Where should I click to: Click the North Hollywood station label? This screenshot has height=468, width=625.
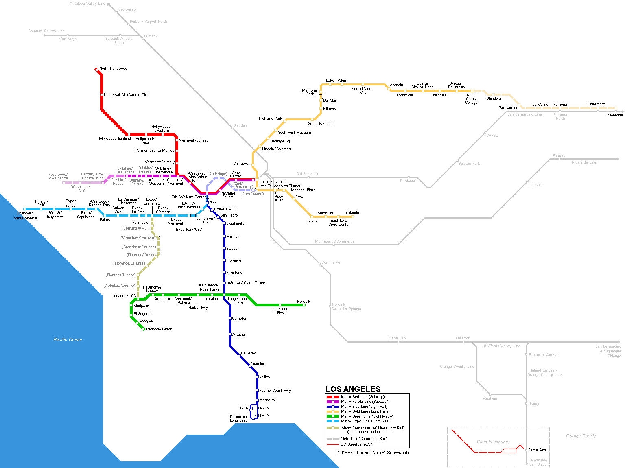[113, 68]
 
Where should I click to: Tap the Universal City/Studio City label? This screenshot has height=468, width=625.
[126, 95]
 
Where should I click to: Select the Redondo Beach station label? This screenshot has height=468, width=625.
[159, 329]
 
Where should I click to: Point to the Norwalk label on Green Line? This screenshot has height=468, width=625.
[304, 302]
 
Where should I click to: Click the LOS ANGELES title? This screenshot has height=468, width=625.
[353, 389]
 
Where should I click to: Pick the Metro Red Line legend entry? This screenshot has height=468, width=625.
[363, 397]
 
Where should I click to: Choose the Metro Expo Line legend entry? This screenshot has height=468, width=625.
[365, 421]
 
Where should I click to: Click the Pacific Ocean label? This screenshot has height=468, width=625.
[68, 339]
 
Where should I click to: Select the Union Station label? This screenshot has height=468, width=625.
[271, 182]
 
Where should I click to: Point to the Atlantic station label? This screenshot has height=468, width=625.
[352, 213]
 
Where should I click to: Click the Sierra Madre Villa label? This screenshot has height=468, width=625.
[362, 90]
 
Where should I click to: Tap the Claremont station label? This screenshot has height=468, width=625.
[596, 104]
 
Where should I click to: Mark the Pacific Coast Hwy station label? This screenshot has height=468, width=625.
[275, 391]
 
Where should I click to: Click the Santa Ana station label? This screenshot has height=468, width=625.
[537, 450]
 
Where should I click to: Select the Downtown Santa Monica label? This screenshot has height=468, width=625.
[25, 216]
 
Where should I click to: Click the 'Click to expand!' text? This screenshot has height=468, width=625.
[493, 442]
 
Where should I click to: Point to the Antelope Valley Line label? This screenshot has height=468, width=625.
[87, 4]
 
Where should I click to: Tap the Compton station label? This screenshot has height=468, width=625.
[239, 319]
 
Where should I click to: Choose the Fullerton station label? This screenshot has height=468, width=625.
[463, 338]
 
